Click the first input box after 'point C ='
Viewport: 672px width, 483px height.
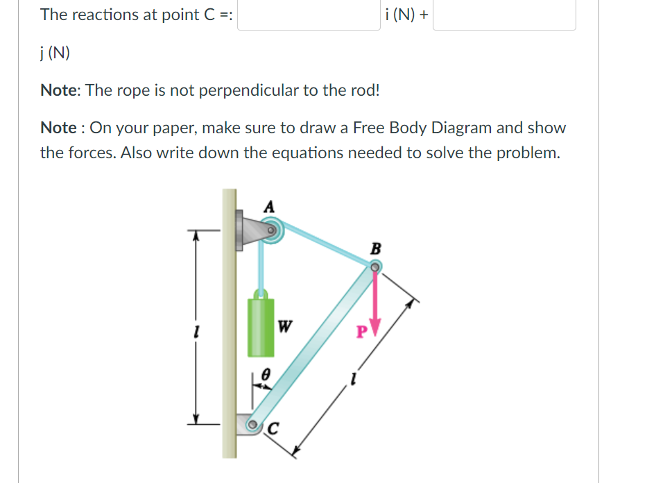point(309,15)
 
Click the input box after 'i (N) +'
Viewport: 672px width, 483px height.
point(504,15)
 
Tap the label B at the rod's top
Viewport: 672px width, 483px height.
point(376,248)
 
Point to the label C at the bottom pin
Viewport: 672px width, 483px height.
point(273,430)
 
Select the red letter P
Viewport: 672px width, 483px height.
point(361,332)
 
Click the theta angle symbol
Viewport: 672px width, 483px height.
point(264,373)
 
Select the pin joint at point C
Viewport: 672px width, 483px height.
point(253,424)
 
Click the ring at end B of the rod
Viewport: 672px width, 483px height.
point(374,266)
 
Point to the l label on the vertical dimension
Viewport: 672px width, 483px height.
point(196,332)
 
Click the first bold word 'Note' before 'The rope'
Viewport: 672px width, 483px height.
point(58,90)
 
